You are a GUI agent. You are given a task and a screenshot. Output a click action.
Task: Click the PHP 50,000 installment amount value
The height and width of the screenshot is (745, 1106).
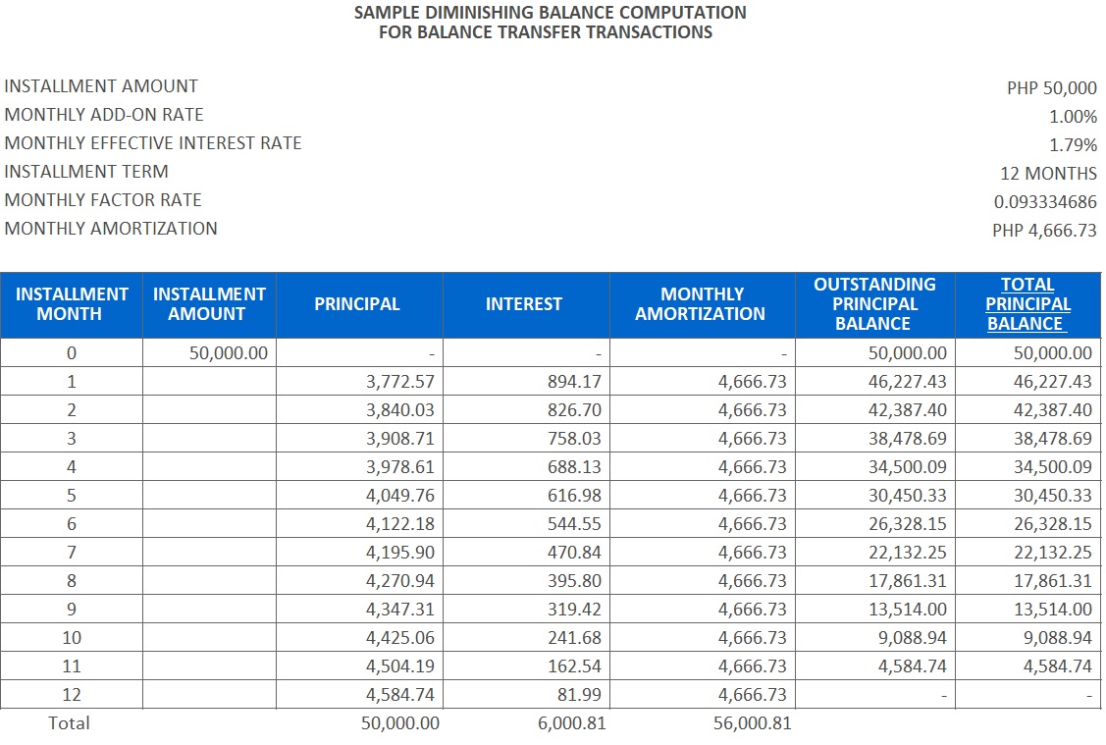click(1051, 87)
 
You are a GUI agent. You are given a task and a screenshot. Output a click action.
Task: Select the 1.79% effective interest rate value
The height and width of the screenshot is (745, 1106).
click(1073, 144)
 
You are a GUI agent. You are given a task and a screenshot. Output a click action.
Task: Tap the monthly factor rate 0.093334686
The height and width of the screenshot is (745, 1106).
click(1045, 201)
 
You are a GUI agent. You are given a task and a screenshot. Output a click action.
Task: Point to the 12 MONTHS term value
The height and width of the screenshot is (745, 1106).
click(1048, 173)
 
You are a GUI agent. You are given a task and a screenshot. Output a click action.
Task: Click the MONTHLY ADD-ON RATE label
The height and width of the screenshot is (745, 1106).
click(104, 115)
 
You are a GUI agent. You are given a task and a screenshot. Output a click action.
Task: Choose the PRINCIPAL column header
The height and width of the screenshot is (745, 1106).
click(357, 304)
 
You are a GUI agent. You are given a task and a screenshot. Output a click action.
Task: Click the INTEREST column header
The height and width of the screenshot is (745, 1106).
click(524, 304)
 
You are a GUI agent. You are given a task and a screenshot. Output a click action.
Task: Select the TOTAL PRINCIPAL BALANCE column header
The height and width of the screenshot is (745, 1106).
click(1027, 304)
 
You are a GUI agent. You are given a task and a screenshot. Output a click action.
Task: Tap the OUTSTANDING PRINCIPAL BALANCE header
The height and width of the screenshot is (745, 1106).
click(874, 304)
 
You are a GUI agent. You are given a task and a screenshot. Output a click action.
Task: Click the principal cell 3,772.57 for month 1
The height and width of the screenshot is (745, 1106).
click(399, 382)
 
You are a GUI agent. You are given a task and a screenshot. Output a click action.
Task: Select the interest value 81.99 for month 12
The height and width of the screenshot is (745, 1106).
click(580, 695)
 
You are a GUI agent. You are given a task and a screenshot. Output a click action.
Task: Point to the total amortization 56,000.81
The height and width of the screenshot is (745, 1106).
click(752, 723)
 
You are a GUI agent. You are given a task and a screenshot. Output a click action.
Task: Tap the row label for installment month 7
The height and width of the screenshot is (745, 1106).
click(71, 553)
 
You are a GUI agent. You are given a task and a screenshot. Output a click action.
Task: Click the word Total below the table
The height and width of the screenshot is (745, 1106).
click(69, 723)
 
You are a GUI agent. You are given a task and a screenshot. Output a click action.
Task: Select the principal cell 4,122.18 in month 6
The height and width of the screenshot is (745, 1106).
click(399, 524)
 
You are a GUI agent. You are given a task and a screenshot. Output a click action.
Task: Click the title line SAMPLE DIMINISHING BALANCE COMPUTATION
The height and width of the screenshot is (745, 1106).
click(550, 13)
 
